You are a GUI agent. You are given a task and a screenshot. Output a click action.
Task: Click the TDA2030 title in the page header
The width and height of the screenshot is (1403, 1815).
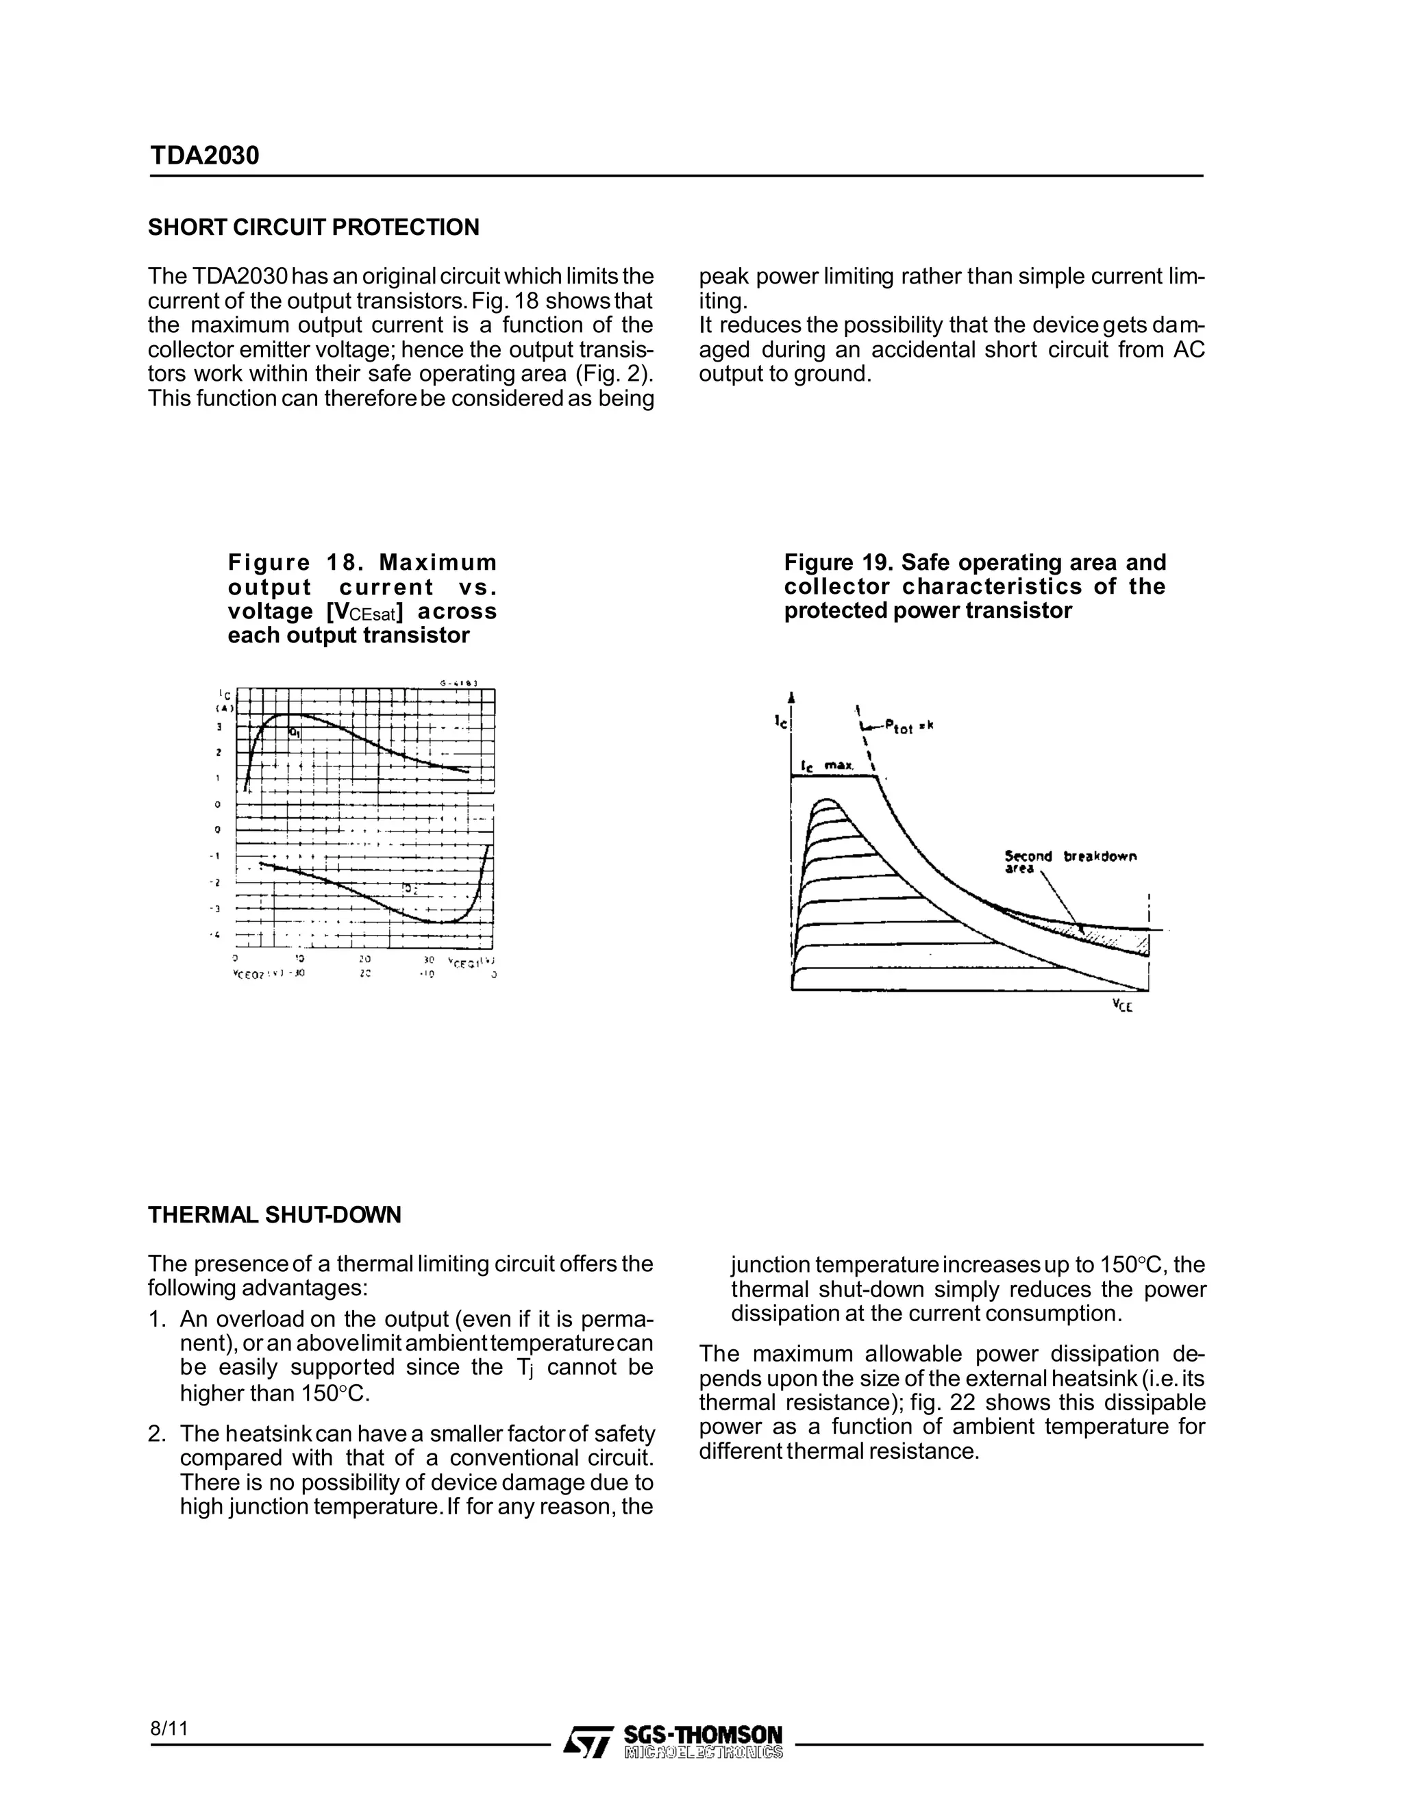pos(204,155)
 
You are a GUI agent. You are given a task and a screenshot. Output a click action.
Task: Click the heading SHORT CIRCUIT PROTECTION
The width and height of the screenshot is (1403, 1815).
pos(313,227)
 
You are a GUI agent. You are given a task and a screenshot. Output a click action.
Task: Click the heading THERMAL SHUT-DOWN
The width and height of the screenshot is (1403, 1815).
pos(274,1215)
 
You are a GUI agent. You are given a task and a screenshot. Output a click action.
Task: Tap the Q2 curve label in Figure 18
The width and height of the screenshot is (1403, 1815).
pos(409,889)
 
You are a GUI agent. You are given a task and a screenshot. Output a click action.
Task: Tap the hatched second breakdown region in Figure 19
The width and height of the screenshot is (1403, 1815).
pos(1114,938)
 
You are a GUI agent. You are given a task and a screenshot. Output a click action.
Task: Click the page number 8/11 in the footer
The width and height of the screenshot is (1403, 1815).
pos(170,1728)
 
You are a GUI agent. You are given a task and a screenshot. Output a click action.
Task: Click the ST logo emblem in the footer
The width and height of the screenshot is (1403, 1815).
pos(588,1742)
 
